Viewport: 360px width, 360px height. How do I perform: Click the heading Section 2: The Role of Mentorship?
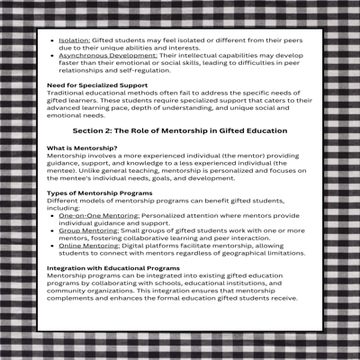pos(179,130)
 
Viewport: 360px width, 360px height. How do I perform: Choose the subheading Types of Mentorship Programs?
pos(99,193)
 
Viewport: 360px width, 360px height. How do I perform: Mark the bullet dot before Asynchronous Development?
pos(52,56)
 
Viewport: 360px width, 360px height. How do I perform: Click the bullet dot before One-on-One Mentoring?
pos(52,216)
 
